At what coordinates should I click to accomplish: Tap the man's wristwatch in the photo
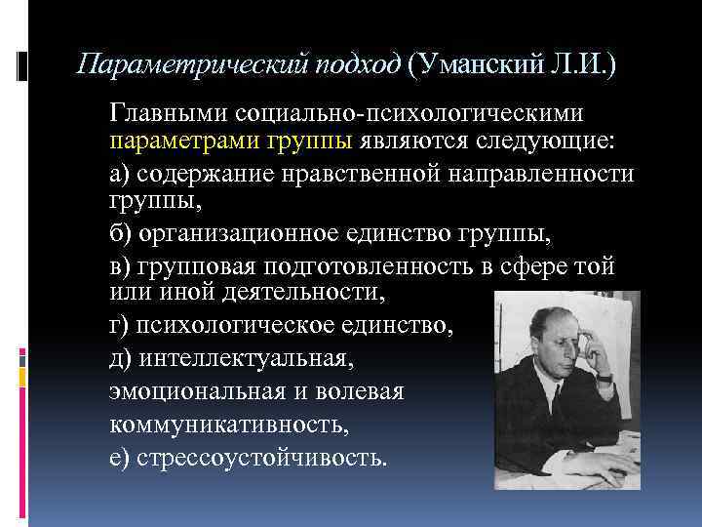tap(604, 376)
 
